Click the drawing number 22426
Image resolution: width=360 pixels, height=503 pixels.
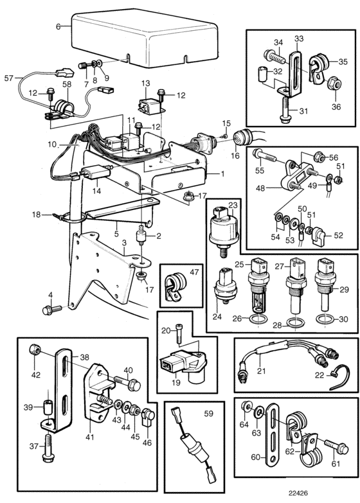click(298, 493)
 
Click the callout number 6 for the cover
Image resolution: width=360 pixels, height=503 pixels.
click(58, 26)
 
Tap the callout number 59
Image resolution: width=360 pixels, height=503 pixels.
click(209, 414)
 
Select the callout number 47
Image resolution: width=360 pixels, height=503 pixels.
click(194, 272)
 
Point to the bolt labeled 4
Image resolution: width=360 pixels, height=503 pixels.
click(51, 310)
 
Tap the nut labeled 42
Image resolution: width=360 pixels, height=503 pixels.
click(34, 349)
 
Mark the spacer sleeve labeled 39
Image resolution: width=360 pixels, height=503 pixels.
click(48, 407)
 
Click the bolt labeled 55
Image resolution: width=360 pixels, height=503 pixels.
click(265, 155)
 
